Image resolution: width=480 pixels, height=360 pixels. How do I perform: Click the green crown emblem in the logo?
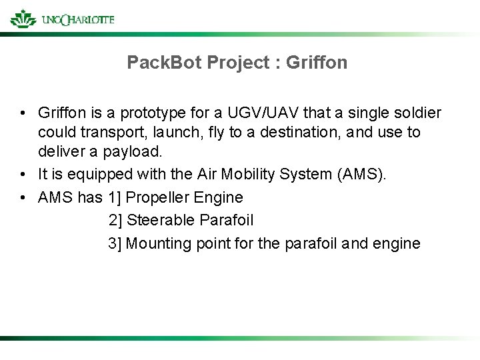coord(23,18)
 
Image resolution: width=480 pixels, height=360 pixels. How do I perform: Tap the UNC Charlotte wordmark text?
coord(77,20)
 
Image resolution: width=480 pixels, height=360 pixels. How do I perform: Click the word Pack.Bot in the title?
coord(165,63)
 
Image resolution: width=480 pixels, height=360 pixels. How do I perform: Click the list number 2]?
coord(115,220)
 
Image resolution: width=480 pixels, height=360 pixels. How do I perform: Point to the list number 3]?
coord(115,243)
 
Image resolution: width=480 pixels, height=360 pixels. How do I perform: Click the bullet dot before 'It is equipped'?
coord(23,175)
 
